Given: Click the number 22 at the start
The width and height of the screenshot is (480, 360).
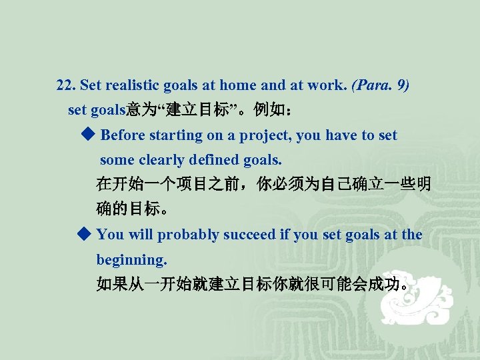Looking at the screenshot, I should tap(65, 86).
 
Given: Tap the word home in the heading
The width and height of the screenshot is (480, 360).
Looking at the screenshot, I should tap(238, 86).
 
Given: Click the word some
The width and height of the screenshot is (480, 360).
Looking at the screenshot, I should tap(117, 160).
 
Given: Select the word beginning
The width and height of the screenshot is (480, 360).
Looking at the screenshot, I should tap(131, 259).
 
